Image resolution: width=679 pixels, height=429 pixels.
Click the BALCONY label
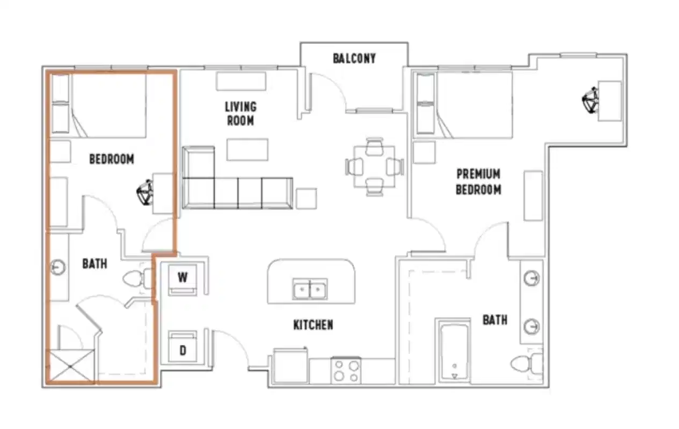click(x=354, y=58)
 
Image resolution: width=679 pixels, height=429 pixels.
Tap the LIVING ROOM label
click(x=240, y=114)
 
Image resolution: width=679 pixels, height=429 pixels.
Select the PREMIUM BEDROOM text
click(x=478, y=182)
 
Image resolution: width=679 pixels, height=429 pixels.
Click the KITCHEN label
click(x=313, y=324)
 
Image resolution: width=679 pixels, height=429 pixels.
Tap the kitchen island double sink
click(x=310, y=289)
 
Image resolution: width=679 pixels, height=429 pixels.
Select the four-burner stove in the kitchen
click(x=346, y=370)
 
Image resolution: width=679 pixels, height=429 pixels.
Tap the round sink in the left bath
click(x=57, y=267)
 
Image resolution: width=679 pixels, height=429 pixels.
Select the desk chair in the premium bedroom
click(x=590, y=100)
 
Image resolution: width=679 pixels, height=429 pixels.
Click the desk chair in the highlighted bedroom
click(x=145, y=192)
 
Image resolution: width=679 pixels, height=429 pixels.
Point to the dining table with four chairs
click(x=374, y=167)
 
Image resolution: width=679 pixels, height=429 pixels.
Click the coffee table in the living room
click(x=247, y=150)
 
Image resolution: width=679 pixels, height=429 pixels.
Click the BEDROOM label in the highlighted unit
click(x=112, y=159)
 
